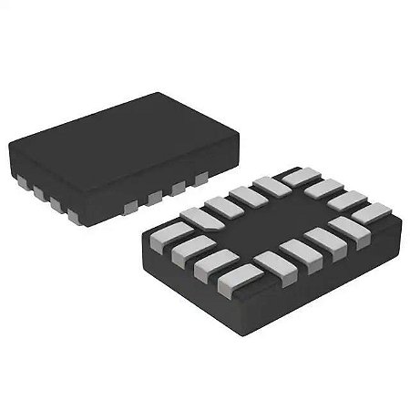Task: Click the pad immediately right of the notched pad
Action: pyautogui.click(x=221, y=206)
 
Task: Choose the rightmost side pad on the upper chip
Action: pyautogui.click(x=200, y=179)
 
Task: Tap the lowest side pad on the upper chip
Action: pyautogui.click(x=74, y=217)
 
